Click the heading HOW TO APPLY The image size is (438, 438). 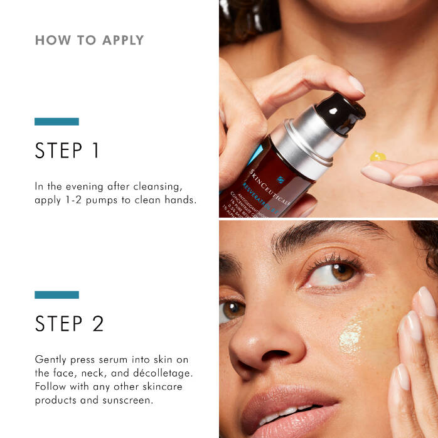tap(89, 41)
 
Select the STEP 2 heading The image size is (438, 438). tap(69, 324)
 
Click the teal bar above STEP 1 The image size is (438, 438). tap(56, 122)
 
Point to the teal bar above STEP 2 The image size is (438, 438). tap(56, 294)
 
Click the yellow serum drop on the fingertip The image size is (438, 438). tap(377, 156)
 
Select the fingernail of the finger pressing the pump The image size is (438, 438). tap(356, 85)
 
